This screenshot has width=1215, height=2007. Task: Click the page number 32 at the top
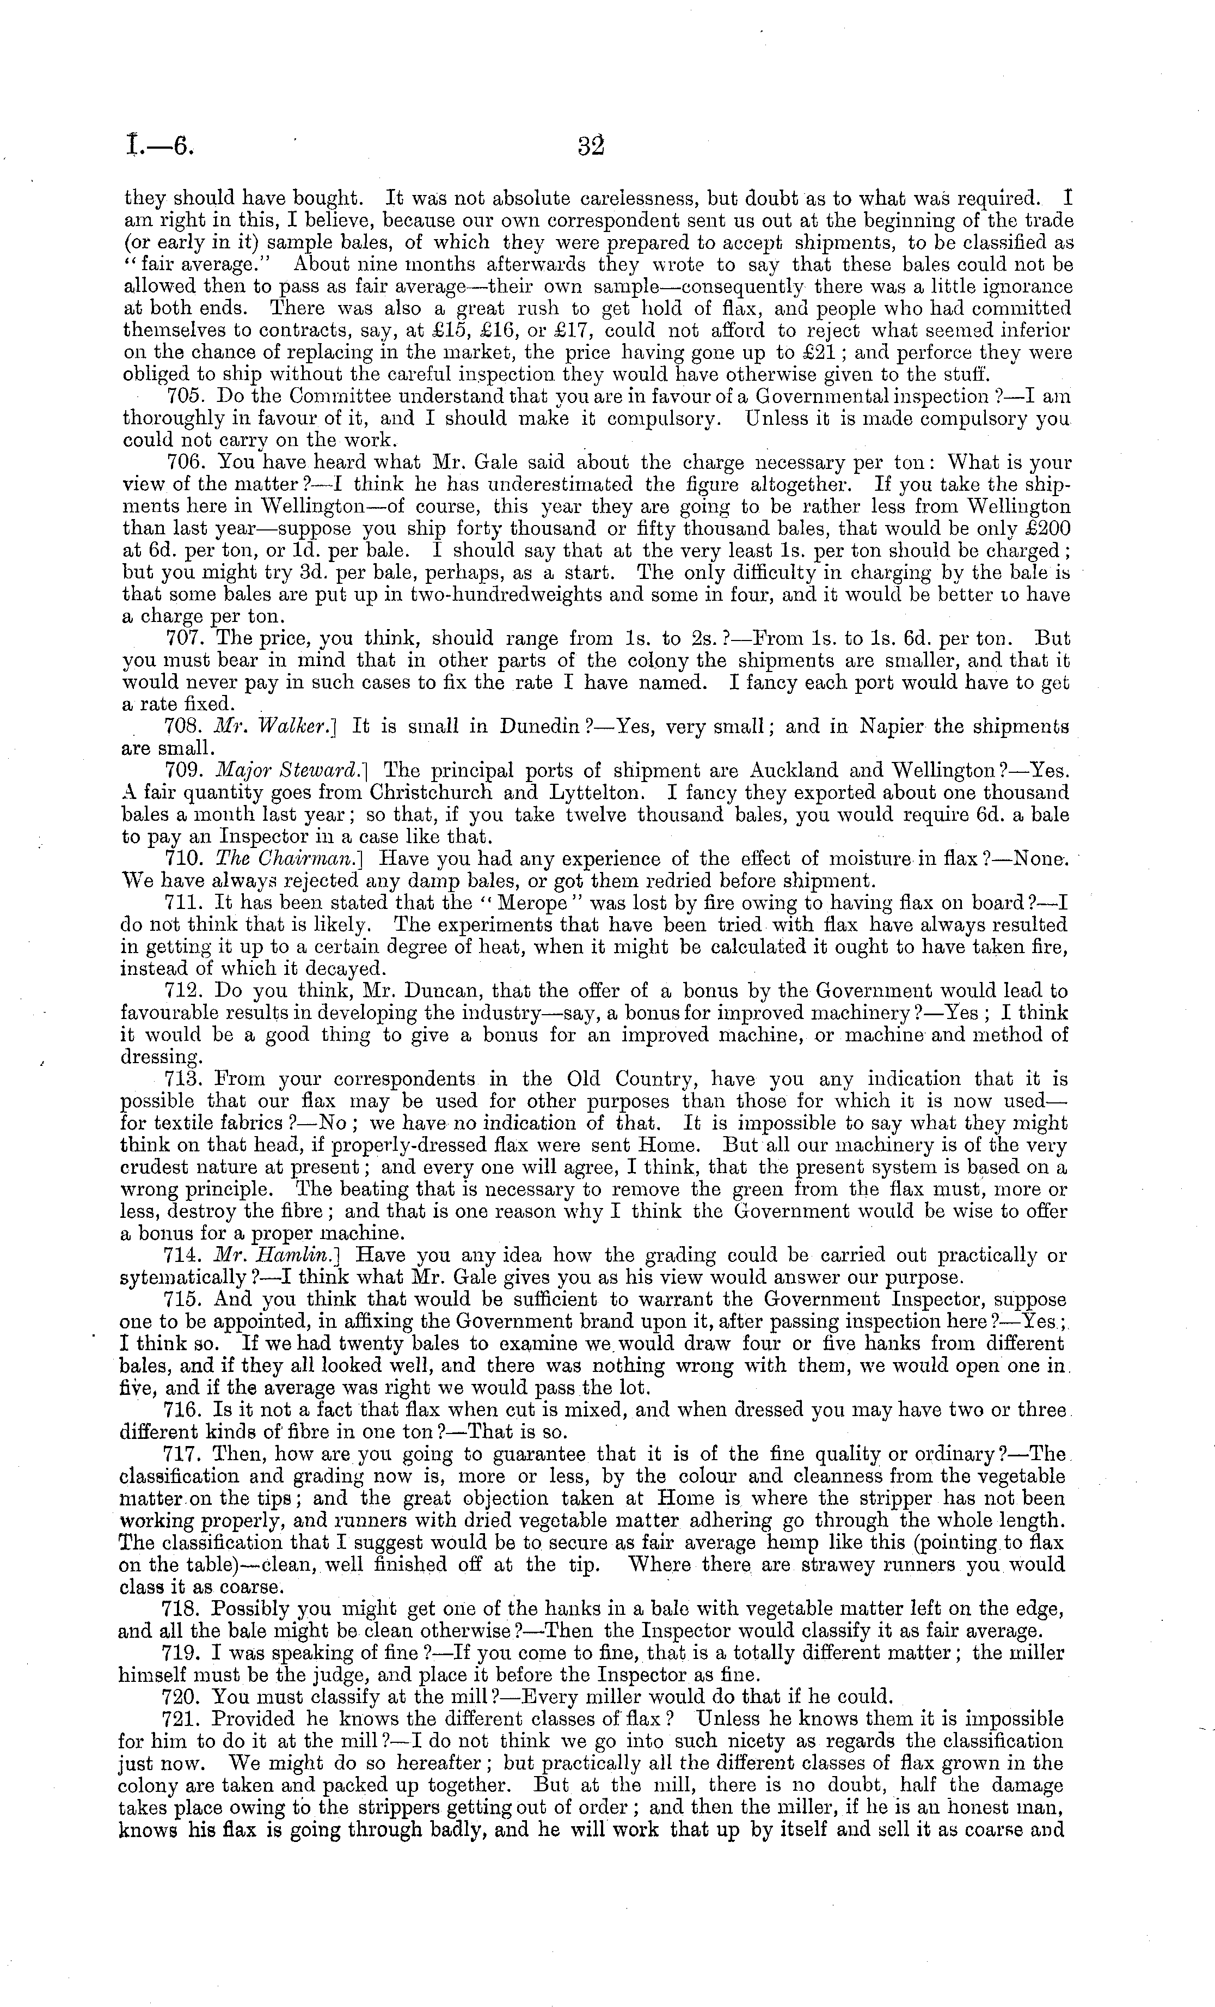click(x=591, y=146)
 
